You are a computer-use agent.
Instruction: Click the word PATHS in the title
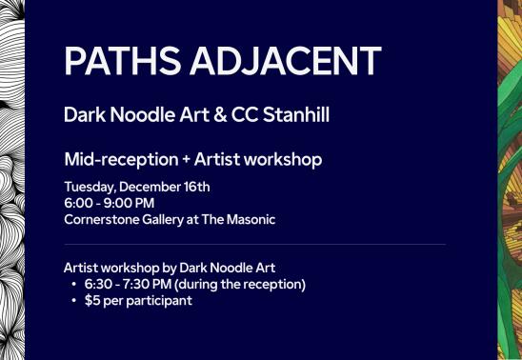tap(123, 61)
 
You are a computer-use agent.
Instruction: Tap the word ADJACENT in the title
tap(286, 61)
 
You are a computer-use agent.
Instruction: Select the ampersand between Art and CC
tap(220, 115)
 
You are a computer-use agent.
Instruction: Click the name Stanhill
tap(296, 115)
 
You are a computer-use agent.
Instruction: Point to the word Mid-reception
tap(122, 160)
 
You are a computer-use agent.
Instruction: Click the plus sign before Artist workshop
tap(186, 160)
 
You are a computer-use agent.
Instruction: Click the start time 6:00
tap(78, 203)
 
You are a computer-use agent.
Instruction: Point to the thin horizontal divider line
tap(254, 244)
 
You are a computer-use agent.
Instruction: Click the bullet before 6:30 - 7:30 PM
tap(74, 285)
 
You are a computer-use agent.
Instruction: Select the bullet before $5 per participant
tap(74, 301)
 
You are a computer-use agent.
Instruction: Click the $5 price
tap(92, 300)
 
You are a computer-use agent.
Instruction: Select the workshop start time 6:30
tap(97, 285)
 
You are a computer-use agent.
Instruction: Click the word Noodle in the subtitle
tap(143, 115)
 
